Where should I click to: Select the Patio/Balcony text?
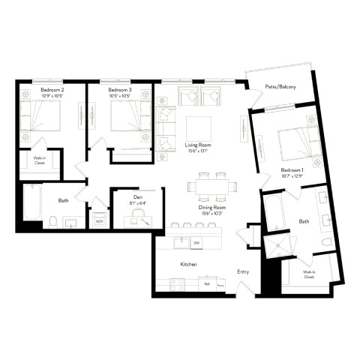click(280, 87)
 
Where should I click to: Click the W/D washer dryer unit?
click(98, 220)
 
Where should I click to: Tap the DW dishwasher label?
click(196, 243)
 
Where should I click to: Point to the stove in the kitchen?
click(178, 284)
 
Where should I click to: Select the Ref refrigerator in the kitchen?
click(206, 284)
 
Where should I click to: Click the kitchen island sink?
click(180, 242)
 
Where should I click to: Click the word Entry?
click(243, 271)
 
